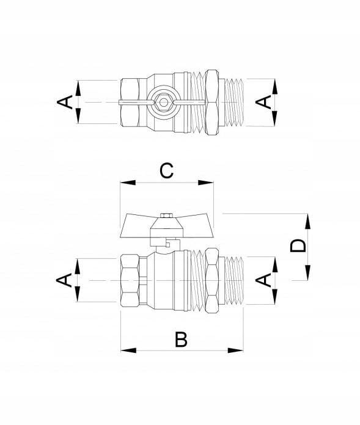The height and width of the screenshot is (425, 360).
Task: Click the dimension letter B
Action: pos(181,339)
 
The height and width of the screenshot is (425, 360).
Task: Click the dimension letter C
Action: pos(166,170)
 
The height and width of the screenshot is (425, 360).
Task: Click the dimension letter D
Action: pos(298,246)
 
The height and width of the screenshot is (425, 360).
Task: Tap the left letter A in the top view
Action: pos(65,102)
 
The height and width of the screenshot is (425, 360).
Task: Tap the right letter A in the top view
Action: pos(263,102)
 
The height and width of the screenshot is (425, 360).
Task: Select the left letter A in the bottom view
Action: pos(64,280)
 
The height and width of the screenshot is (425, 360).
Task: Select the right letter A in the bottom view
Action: pos(263,280)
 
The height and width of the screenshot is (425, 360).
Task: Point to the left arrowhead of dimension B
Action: pos(128,351)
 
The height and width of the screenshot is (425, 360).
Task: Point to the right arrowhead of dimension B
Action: pos(235,351)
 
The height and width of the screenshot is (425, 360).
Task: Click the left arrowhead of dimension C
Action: pos(128,183)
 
